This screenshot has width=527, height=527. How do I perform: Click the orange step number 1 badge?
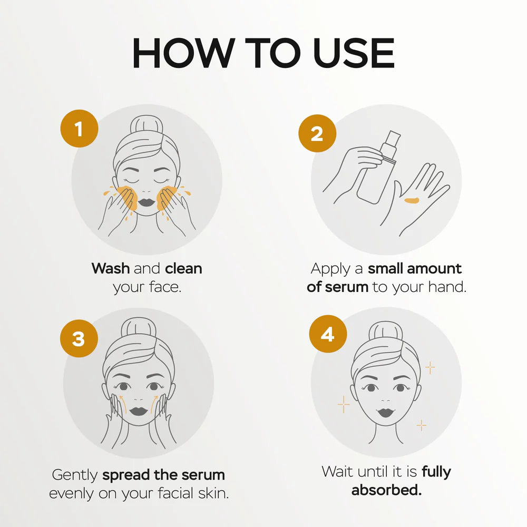pos(80,129)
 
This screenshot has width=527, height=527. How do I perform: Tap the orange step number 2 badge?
pos(317,133)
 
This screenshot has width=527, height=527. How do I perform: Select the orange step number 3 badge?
pos(79,338)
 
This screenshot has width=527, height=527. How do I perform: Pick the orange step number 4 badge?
pos(328,334)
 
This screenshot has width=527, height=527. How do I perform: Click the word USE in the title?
pos(354,53)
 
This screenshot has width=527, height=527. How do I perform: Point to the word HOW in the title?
pos(183,53)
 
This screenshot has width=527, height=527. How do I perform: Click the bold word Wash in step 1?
pos(111,269)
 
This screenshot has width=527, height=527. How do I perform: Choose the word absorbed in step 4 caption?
pos(386,490)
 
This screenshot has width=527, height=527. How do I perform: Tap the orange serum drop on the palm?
pos(412,201)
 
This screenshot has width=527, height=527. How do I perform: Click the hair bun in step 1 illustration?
pos(147,125)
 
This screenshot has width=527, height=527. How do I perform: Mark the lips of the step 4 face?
pos(386,412)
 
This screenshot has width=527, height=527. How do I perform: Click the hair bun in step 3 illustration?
pos(139,328)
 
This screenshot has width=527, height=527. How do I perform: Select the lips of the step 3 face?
pos(139,411)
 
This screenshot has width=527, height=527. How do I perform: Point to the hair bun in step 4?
pos(386,331)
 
